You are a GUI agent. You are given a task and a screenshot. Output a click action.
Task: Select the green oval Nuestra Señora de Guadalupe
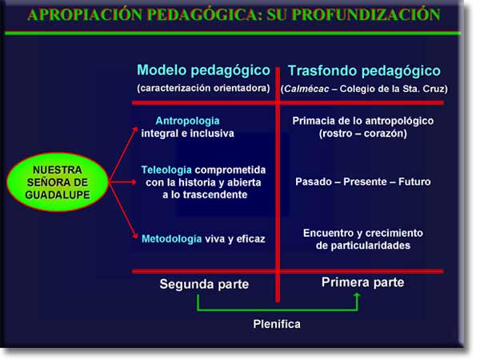58,182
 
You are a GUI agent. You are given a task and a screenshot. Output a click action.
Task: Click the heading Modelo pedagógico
203,70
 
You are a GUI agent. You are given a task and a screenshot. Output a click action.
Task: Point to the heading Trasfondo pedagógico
364,70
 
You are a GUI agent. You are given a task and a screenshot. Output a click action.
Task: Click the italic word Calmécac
306,89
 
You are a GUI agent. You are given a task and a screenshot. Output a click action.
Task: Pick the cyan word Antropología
187,121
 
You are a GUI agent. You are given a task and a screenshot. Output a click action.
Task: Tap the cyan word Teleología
166,170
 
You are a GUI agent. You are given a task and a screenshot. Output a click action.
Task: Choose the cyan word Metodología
171,238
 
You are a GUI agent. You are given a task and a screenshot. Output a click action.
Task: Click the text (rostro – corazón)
363,134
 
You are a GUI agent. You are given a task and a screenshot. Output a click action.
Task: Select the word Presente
366,182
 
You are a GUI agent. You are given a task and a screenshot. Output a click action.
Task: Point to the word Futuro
414,182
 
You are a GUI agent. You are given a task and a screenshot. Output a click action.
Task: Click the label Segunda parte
204,284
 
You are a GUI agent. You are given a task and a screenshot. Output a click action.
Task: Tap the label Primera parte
362,282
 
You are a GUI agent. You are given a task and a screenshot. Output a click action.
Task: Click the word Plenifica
277,324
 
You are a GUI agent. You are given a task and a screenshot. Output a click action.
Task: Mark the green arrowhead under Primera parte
357,295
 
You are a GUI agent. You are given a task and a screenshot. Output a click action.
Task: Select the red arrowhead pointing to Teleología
134,182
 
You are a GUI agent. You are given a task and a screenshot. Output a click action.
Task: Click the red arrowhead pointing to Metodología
135,236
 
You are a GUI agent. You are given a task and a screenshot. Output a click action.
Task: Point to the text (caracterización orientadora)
203,88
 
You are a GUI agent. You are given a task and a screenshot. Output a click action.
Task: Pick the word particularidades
363,246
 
